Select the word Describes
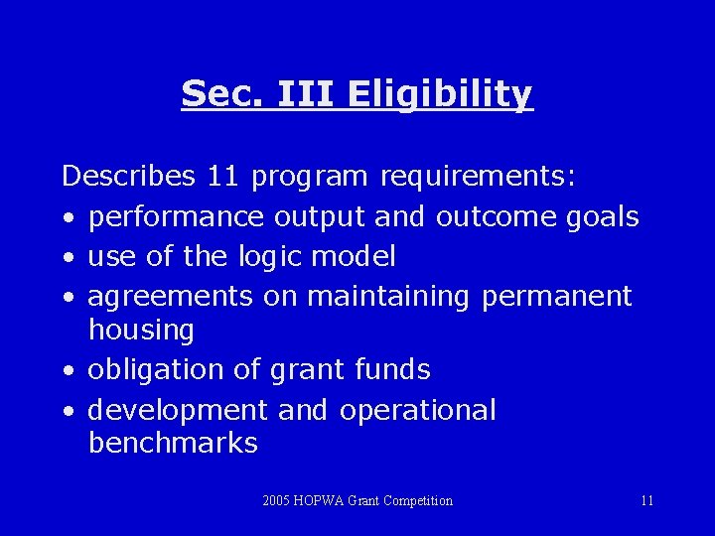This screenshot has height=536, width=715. click(128, 177)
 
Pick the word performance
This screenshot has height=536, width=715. click(176, 216)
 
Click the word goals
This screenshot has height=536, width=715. click(601, 216)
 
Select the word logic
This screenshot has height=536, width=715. click(270, 257)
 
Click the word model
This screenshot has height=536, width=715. click(354, 257)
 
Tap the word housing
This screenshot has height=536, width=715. click(141, 330)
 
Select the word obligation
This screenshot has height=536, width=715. click(158, 369)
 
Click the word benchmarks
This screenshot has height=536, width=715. click(173, 443)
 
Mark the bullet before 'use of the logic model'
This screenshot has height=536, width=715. click(66, 258)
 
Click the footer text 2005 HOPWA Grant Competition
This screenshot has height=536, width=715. click(357, 501)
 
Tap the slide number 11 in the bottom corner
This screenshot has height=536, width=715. click(646, 501)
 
